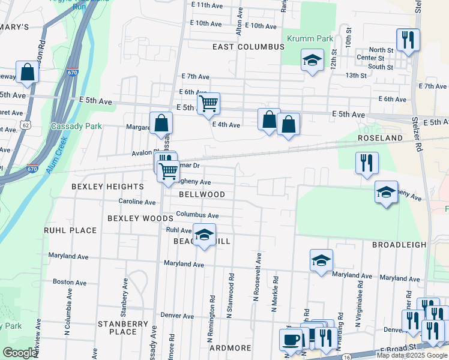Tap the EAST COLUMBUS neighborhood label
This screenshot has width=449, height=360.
(248, 46)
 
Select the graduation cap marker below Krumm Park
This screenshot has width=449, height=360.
(312, 61)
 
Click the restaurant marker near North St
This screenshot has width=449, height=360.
(408, 41)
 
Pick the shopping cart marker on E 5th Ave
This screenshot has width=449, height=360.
(208, 104)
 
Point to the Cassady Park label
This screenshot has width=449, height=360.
(76, 126)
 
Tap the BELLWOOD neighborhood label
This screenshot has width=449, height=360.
(202, 194)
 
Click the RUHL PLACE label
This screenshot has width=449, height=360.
(70, 230)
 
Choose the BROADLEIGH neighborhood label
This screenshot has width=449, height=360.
(399, 245)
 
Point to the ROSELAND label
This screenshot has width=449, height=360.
(380, 138)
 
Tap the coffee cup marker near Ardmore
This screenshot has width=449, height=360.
(291, 340)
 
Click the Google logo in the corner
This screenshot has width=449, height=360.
(20, 353)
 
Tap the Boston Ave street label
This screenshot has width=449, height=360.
(65, 281)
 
